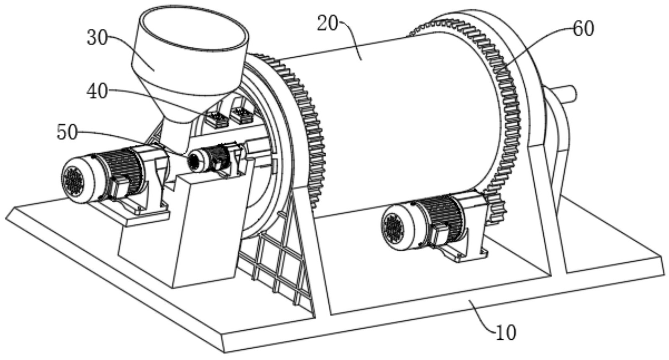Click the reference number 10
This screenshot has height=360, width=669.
[x=505, y=333]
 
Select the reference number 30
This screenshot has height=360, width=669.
[x=97, y=37]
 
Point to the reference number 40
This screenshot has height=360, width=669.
[x=97, y=92]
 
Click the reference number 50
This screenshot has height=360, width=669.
[x=67, y=133]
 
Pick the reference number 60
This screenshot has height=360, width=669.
[x=583, y=29]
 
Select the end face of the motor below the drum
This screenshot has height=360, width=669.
[x=393, y=228]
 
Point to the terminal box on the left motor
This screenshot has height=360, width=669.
[x=119, y=187]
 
